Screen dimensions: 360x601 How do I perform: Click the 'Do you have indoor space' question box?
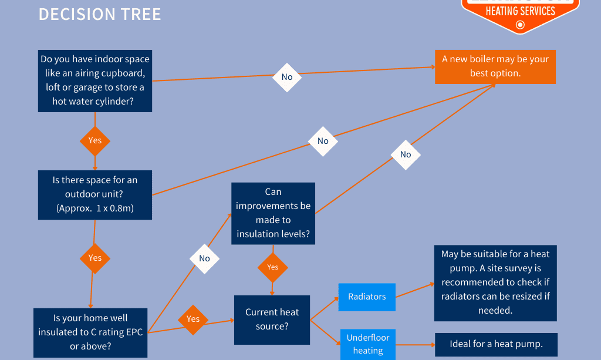click(95, 80)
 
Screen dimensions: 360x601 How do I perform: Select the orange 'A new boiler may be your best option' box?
click(495, 66)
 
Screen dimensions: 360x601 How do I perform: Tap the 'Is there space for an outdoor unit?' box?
click(95, 194)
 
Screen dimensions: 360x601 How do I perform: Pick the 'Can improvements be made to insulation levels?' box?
click(273, 213)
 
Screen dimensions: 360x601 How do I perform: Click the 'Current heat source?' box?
click(272, 319)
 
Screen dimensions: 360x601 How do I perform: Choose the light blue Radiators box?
click(367, 297)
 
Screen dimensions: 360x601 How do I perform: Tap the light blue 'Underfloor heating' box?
click(368, 344)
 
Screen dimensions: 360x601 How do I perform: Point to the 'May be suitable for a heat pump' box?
click(495, 282)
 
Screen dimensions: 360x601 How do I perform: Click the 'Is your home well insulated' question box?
click(90, 332)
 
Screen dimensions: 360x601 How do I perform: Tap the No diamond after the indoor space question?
click(287, 77)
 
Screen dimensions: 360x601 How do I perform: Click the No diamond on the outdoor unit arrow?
click(323, 141)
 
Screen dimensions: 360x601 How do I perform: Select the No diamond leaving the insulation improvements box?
click(406, 154)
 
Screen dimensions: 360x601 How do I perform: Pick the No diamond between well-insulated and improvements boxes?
click(204, 258)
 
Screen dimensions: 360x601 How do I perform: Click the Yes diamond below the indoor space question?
click(95, 140)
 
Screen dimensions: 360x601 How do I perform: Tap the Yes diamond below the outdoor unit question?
click(95, 258)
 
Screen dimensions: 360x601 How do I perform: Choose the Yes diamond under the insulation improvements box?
click(273, 267)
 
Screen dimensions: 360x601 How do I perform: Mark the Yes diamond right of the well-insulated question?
click(193, 319)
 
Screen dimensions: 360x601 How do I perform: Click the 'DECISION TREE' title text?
click(100, 14)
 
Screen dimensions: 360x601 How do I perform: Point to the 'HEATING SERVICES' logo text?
click(520, 11)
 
